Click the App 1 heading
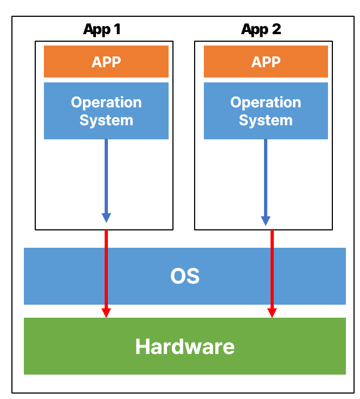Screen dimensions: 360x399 102,29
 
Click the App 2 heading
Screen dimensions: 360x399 261,29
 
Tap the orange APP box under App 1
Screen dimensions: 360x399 106,61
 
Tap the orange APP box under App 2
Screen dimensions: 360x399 266,61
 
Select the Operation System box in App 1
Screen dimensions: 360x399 106,111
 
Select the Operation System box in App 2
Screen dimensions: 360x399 266,111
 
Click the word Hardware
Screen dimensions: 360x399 185,346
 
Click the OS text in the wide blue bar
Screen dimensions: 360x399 185,276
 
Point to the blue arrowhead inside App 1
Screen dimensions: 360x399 106,218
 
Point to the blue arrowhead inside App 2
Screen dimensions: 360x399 266,221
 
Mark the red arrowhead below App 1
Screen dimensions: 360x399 106,313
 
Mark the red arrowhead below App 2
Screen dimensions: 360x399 272,313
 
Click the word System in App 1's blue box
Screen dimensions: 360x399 106,120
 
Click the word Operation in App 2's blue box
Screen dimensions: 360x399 266,102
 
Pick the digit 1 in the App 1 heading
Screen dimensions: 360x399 117,29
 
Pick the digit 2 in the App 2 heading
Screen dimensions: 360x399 277,29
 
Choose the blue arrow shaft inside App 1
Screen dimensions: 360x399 106,176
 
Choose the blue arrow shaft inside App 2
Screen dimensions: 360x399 266,178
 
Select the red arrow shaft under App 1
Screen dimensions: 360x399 106,269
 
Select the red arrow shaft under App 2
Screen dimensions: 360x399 272,269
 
